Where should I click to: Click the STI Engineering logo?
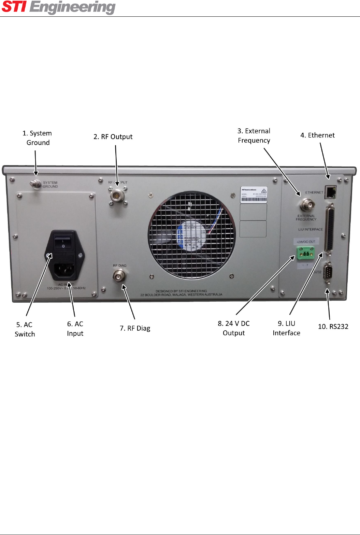point(59,8)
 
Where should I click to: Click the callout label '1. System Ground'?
point(37,138)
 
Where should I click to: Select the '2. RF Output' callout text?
point(113,137)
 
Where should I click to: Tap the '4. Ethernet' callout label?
point(317,135)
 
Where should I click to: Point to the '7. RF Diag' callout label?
point(135,328)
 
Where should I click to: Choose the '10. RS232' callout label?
point(333,327)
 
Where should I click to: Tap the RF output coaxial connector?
point(117,196)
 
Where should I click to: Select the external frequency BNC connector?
point(306,206)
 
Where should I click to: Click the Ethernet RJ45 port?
point(330,192)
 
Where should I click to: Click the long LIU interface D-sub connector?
point(330,228)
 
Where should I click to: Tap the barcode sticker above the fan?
point(254,195)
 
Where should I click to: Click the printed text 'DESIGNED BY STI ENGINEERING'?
point(181,291)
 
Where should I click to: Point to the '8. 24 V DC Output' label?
point(234,328)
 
